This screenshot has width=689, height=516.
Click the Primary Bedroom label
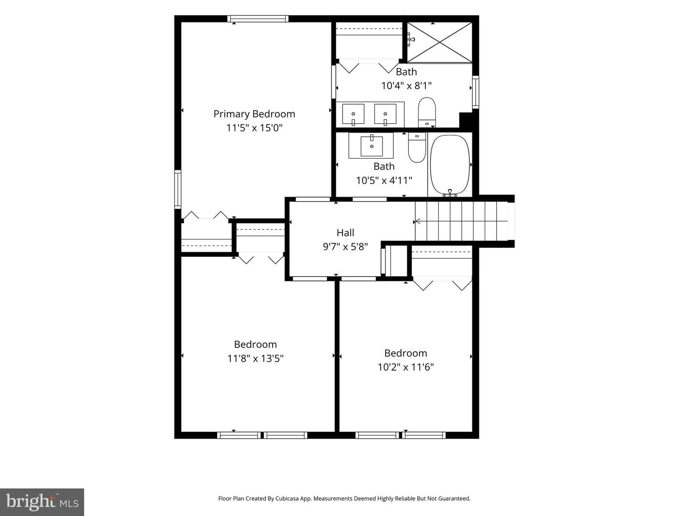254,114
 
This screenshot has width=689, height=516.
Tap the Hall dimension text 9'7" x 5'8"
345,247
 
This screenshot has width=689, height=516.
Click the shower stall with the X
439,43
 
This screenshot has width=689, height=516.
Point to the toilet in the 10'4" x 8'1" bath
427,112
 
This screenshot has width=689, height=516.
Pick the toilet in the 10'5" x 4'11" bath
417,147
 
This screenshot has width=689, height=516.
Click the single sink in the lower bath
372,146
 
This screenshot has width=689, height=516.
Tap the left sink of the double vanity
353,114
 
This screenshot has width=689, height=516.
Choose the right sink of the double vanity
385,114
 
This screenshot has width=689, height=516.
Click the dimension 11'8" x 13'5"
256,358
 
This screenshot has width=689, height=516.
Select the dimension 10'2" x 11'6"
406,367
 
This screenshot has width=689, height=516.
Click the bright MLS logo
42,502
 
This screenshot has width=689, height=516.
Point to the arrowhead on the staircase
417,222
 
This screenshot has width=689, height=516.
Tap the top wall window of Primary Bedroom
258,19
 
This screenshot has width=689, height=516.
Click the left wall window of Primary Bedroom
178,189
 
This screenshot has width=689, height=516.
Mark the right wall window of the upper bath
476,92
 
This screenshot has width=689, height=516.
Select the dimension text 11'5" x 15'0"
255,128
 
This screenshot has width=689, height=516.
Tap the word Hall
345,233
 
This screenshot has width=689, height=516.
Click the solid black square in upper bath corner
466,120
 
